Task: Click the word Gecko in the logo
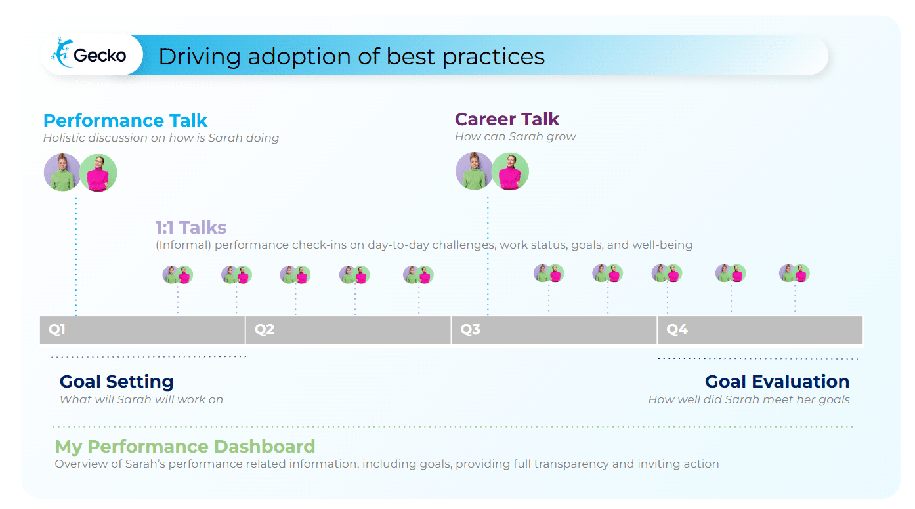(x=100, y=56)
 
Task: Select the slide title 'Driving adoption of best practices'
(x=351, y=56)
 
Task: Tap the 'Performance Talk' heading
(x=125, y=121)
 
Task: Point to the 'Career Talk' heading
(x=507, y=119)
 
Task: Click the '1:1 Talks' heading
(x=190, y=228)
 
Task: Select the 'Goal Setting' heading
(x=116, y=382)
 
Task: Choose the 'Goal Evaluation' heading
(x=777, y=382)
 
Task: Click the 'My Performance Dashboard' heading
(x=184, y=447)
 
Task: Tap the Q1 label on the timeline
(x=57, y=329)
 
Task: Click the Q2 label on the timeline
(x=265, y=329)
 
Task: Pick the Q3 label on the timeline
(x=471, y=329)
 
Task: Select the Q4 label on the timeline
(x=677, y=329)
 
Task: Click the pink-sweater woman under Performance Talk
(x=98, y=173)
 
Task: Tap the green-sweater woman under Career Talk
(x=474, y=171)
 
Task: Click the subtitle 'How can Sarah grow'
(x=515, y=136)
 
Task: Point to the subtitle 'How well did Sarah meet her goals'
(x=748, y=399)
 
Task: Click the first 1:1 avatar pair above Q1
(x=178, y=274)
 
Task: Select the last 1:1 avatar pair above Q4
(x=794, y=273)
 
